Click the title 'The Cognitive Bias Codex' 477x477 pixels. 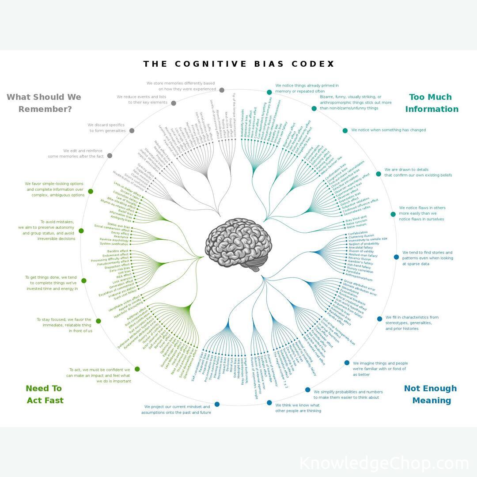(239, 64)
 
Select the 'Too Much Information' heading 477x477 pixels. (432, 103)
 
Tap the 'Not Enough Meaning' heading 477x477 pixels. (430, 394)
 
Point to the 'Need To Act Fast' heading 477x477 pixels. (45, 394)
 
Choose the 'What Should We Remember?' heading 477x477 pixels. (44, 103)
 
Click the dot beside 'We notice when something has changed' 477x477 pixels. (345, 130)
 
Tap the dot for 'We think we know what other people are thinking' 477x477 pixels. (269, 402)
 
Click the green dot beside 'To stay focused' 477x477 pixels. (98, 321)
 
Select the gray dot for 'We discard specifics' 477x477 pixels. (132, 131)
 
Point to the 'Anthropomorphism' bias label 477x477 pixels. (359, 280)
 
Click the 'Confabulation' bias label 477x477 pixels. (358, 233)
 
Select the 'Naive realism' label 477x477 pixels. (356, 225)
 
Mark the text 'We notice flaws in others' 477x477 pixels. (422, 208)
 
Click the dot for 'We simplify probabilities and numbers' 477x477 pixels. (308, 390)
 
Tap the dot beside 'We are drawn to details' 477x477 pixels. (379, 174)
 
